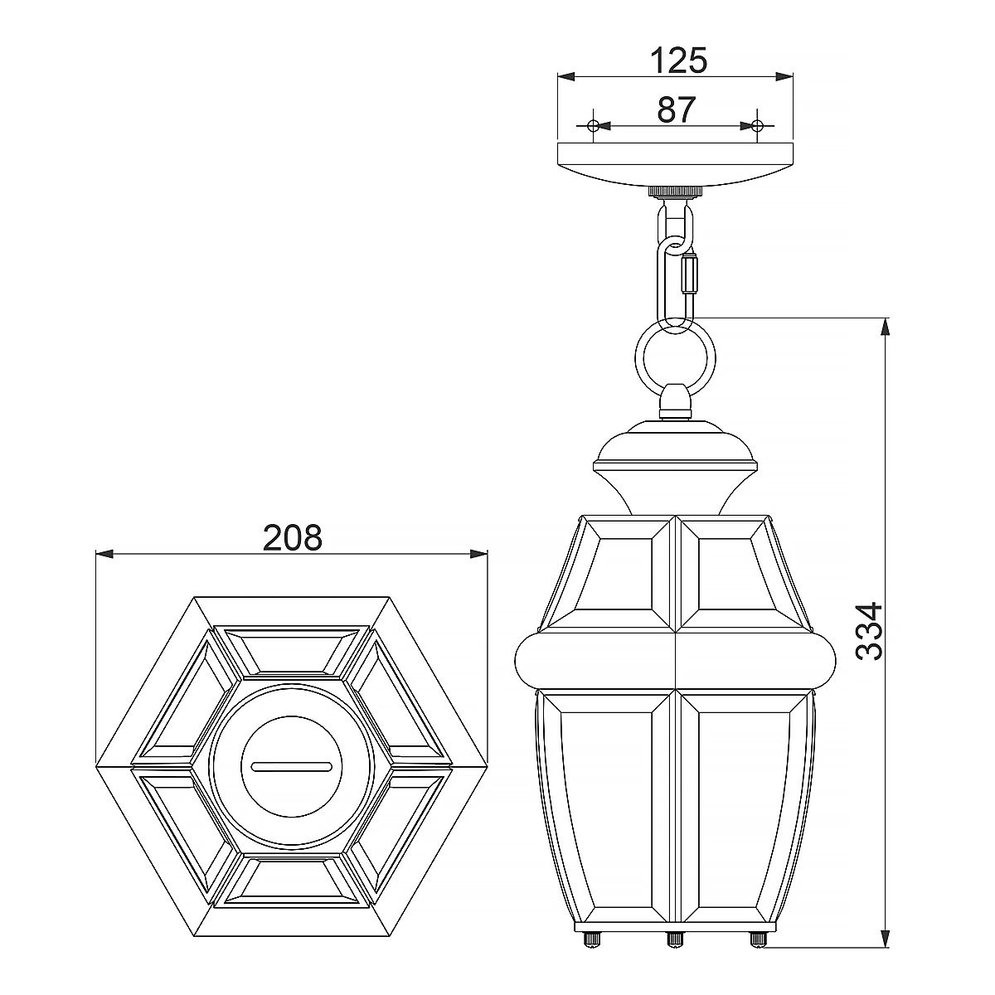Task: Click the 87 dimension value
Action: click(676, 109)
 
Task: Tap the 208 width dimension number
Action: click(292, 538)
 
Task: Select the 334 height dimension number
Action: click(869, 631)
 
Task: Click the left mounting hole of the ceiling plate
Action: click(592, 126)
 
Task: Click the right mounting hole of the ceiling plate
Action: click(756, 126)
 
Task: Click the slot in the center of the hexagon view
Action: click(292, 767)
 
